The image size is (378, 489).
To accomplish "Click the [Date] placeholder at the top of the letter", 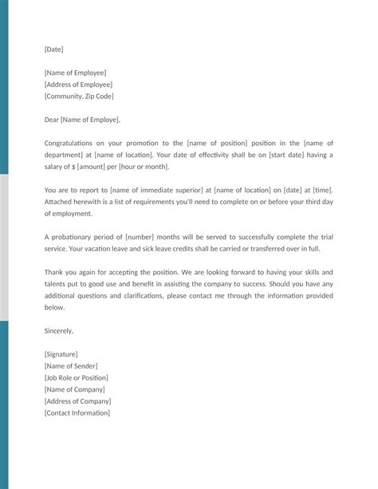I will coord(53,49).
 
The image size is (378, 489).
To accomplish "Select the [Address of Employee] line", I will coord(78,85).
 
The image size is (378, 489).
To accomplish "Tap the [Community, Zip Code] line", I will coord(79,97).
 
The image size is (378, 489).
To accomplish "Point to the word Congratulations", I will coord(75,143).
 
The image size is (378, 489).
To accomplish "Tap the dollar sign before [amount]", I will coord(73,167).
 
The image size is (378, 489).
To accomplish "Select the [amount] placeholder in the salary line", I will coord(93,167).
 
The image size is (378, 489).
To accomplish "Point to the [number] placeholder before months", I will coord(142,237).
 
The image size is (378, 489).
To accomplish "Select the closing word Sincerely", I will coord(59,330).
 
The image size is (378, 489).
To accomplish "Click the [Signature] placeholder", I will coord(61,354).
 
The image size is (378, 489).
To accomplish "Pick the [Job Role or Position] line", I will coord(77,377).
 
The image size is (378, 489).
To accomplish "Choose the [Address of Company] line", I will coord(78,401).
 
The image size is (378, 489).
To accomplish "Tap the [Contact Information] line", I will coord(77,413).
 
